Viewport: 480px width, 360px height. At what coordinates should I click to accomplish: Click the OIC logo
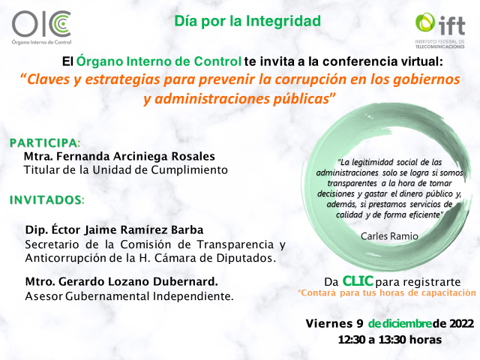click(41, 28)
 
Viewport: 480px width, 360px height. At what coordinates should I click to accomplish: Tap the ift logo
click(440, 31)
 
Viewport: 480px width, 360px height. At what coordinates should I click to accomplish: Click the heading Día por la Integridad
click(247, 21)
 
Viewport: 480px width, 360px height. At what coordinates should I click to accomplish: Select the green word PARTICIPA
click(44, 143)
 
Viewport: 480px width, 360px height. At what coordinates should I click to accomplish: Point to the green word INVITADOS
click(46, 200)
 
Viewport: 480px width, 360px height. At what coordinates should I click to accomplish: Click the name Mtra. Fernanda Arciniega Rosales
click(119, 156)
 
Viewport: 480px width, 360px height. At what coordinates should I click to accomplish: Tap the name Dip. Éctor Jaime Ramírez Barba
click(114, 229)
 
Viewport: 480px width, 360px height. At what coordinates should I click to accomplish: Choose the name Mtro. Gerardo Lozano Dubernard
click(121, 281)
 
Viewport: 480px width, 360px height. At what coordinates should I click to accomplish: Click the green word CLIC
click(358, 281)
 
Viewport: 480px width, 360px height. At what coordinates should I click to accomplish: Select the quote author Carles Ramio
click(389, 236)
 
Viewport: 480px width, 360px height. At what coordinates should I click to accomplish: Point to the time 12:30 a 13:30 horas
click(390, 340)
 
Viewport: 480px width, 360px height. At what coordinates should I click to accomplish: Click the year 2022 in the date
click(461, 323)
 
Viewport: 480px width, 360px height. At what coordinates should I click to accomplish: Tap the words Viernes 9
click(334, 323)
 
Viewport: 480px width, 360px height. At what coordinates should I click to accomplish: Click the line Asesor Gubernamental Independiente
click(129, 296)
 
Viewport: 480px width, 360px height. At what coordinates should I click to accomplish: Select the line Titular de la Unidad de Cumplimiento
click(125, 170)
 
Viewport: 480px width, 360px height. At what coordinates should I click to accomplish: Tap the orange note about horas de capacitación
click(387, 293)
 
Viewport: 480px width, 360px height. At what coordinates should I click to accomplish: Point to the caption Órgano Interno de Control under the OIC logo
click(41, 42)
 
